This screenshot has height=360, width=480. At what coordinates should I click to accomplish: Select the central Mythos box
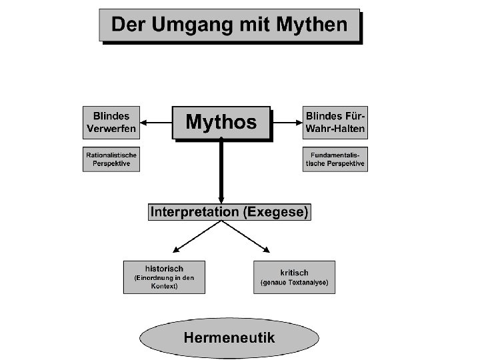(221, 122)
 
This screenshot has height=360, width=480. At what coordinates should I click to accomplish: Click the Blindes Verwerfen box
(111, 121)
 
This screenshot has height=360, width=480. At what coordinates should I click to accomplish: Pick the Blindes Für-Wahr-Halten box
(335, 121)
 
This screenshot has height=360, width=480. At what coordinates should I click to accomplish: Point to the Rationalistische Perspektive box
(111, 159)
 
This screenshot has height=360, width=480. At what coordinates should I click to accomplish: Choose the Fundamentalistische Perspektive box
(335, 159)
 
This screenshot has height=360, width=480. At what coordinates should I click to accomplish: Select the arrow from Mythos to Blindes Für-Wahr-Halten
(287, 122)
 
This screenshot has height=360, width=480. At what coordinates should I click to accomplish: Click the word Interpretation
(194, 212)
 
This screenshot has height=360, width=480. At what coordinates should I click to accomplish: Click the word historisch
(164, 268)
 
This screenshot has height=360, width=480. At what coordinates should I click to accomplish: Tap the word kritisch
(293, 273)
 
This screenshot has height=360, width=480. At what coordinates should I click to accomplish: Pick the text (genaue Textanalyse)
(293, 283)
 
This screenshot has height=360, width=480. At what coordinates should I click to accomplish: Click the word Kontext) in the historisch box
(164, 286)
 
